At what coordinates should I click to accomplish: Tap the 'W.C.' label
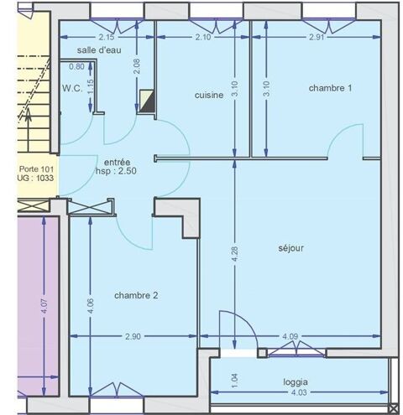click(x=71, y=87)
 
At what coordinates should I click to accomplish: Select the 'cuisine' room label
click(x=208, y=96)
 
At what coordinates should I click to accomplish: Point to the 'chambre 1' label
click(x=330, y=87)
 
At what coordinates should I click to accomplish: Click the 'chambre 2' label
click(x=136, y=295)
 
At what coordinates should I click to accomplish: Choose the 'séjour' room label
click(x=290, y=248)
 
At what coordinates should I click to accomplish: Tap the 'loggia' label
click(x=296, y=381)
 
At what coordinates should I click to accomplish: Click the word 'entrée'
click(x=118, y=162)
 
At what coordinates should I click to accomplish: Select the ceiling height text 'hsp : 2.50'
click(x=116, y=173)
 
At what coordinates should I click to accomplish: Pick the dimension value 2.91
click(x=316, y=38)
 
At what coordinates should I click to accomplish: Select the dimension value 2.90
click(x=133, y=337)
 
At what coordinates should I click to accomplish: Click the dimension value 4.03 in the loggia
click(x=299, y=392)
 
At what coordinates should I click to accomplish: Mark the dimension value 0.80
click(x=76, y=67)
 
